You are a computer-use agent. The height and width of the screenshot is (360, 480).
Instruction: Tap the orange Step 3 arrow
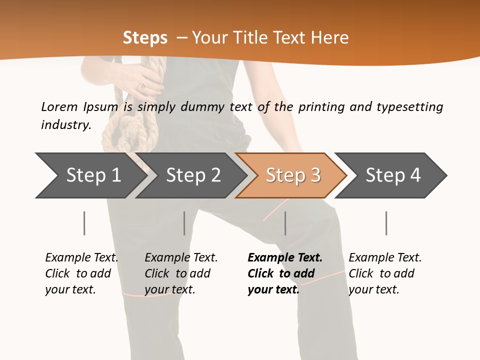(293, 175)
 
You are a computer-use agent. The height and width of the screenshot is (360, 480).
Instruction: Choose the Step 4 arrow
(393, 175)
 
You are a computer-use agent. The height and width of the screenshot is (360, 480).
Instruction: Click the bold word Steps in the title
(145, 38)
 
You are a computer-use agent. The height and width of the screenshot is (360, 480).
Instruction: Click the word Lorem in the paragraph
(59, 107)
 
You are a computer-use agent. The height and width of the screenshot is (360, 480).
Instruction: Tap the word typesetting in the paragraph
(409, 107)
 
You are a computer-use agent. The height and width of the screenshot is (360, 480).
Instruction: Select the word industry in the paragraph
(65, 125)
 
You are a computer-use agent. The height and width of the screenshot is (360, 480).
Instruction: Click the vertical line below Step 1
(84, 223)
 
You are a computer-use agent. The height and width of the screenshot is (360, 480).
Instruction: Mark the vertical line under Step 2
(184, 223)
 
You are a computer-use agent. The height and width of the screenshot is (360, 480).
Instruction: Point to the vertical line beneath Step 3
(285, 223)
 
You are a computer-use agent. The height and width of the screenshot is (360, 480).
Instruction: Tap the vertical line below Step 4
(386, 223)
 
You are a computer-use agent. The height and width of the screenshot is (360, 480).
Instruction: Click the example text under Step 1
(81, 273)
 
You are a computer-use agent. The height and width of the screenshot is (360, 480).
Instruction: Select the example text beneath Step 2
(181, 273)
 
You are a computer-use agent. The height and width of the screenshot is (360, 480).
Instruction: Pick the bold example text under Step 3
(284, 273)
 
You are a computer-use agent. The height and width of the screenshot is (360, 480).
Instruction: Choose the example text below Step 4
(385, 273)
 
